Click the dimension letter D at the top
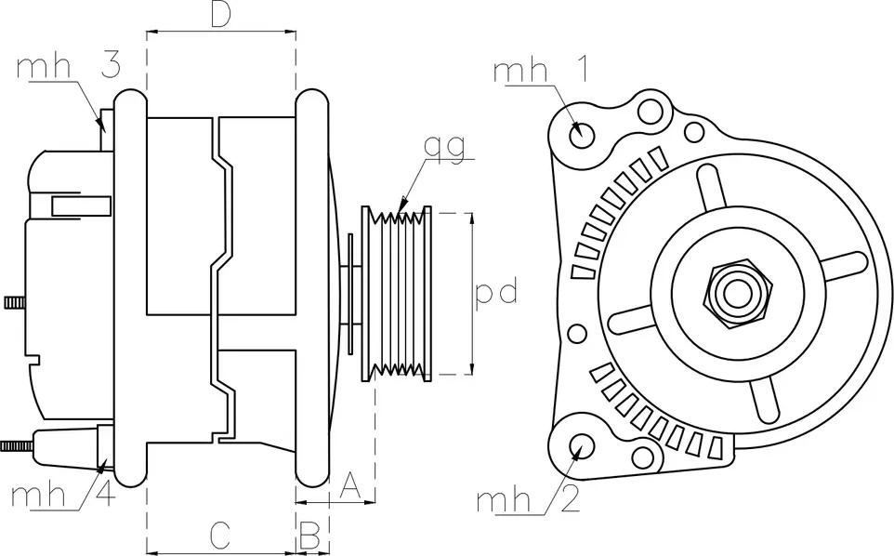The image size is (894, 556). coord(220,15)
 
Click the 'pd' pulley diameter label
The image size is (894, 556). coord(495,293)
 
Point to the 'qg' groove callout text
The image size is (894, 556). coord(443,147)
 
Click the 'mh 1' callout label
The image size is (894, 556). coord(539,72)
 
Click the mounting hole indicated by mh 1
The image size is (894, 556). coord(583,132)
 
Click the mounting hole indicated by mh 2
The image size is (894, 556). coord(583,444)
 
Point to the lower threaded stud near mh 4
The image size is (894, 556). coord(17,445)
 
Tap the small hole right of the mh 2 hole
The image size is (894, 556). coord(641,458)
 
